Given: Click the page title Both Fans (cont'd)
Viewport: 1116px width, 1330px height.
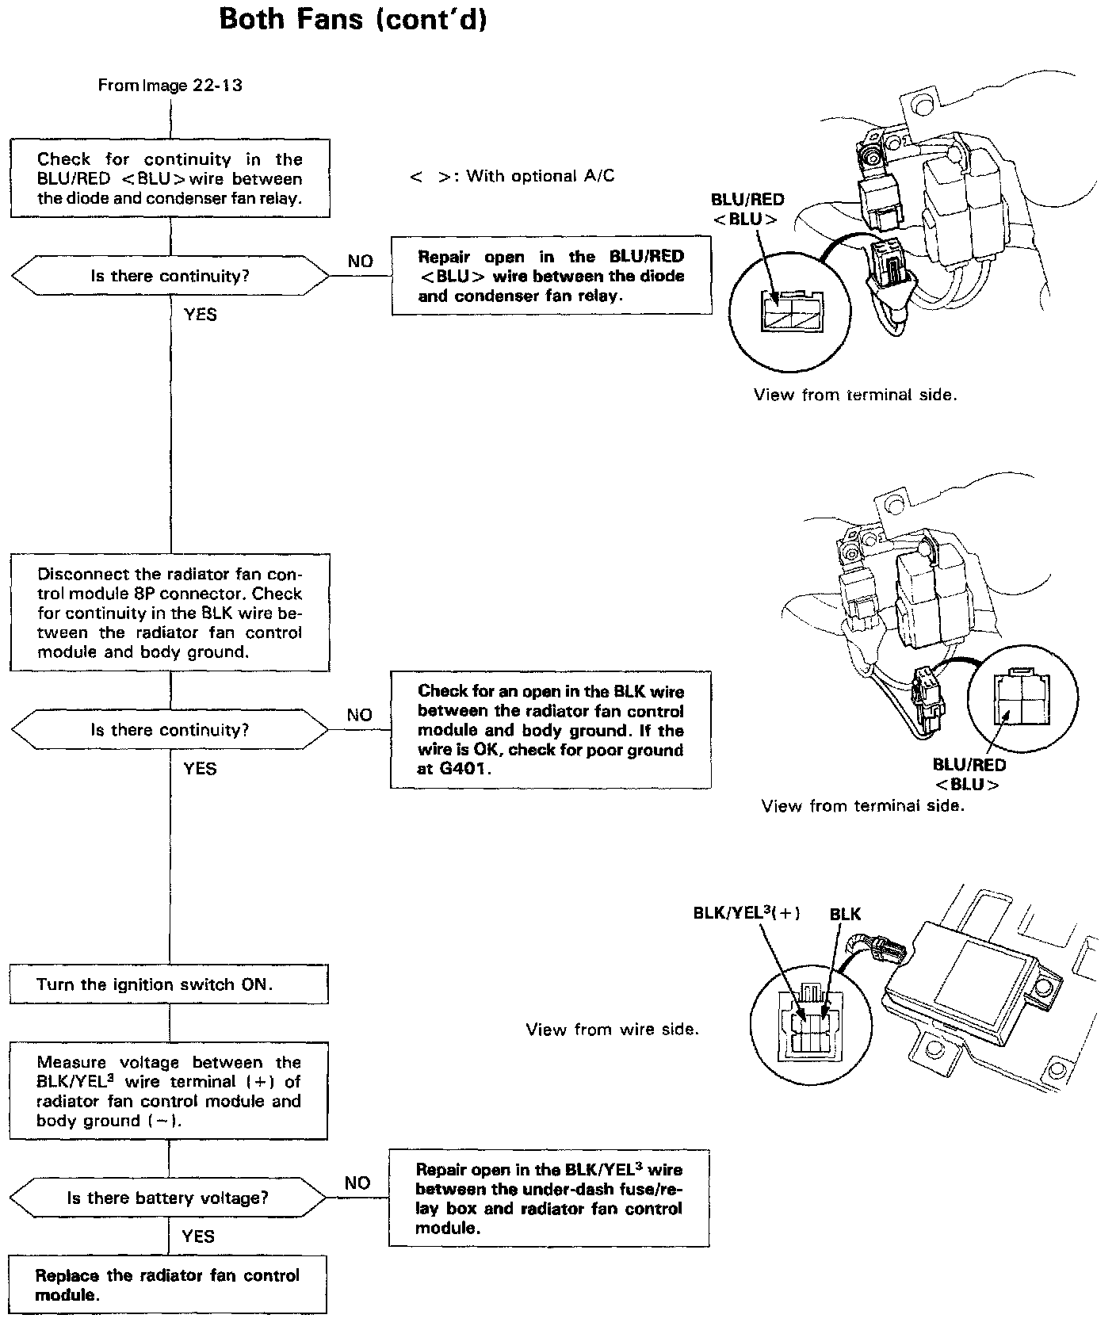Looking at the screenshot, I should tap(352, 19).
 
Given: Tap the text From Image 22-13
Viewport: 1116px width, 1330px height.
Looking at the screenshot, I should tap(170, 86).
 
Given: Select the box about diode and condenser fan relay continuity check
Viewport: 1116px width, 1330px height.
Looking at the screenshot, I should tap(170, 178).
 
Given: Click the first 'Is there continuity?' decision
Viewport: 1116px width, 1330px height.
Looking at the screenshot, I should tap(170, 277).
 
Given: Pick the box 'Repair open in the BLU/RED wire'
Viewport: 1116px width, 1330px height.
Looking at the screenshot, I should tap(551, 276).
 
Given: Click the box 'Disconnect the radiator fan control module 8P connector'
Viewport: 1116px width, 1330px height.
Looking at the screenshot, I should tap(170, 613).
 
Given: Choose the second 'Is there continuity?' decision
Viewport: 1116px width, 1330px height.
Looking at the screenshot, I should tap(170, 730).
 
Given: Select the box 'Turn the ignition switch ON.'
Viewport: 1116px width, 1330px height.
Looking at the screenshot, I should tap(169, 984).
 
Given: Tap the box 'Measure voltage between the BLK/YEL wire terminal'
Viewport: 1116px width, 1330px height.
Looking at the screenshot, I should tap(169, 1091).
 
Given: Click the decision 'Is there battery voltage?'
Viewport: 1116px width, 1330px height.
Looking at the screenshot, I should tap(168, 1198).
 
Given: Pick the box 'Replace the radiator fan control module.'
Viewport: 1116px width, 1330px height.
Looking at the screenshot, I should tap(168, 1285).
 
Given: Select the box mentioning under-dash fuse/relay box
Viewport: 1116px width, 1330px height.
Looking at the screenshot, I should tap(549, 1198).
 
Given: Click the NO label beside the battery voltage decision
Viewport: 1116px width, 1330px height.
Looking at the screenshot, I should tap(357, 1183).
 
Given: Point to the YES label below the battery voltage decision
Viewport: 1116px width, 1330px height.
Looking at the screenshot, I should tap(198, 1236).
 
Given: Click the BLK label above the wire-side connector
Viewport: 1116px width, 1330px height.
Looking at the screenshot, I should tap(845, 914).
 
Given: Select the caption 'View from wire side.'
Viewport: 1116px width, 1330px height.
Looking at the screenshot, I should tap(613, 1030).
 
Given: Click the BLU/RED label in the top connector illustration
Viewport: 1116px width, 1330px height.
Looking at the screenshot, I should tap(747, 200).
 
